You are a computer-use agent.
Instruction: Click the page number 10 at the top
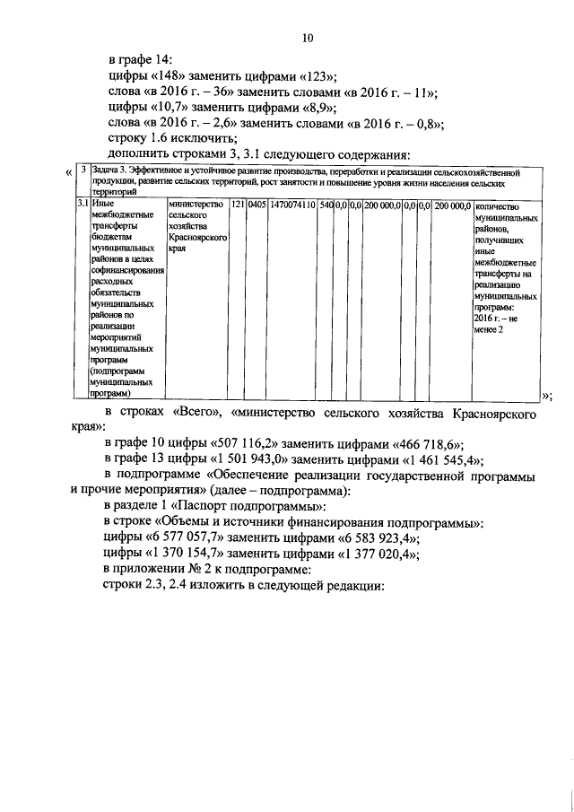(x=308, y=39)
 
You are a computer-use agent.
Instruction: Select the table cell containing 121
(x=237, y=205)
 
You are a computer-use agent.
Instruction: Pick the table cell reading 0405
(x=257, y=205)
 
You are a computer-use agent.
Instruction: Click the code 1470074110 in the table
(x=294, y=205)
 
